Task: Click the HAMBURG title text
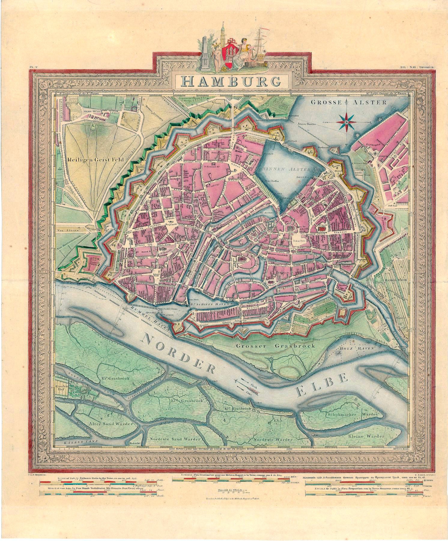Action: click(x=232, y=81)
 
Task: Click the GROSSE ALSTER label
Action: click(x=349, y=102)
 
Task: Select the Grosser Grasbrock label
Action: click(x=275, y=346)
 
